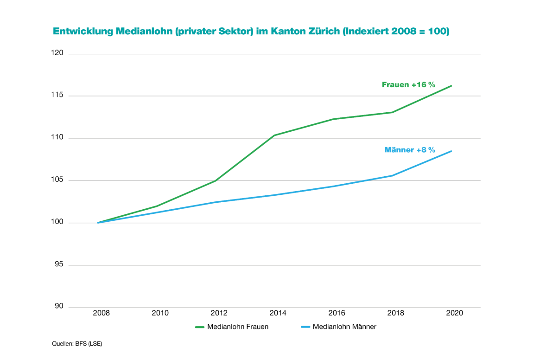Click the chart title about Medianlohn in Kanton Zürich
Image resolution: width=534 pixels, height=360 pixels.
(x=251, y=32)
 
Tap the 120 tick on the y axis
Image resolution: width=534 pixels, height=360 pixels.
(x=57, y=53)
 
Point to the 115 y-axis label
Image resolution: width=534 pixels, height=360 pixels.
(x=57, y=96)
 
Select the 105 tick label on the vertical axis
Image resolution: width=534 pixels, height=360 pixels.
(x=57, y=180)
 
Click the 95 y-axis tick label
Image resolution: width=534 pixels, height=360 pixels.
(x=59, y=265)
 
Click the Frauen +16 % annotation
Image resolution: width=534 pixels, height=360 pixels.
(x=408, y=84)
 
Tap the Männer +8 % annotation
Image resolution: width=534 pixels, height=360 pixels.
(x=410, y=150)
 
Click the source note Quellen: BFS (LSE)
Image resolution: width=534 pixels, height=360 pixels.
(x=77, y=344)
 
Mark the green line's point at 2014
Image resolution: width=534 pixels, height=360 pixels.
(x=274, y=135)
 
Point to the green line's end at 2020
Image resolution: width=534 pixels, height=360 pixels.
(x=451, y=86)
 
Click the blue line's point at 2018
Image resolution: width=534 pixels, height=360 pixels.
(x=392, y=175)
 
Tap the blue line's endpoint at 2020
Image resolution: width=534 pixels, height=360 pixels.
(x=451, y=151)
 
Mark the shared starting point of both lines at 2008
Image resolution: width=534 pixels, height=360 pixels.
(x=98, y=223)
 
